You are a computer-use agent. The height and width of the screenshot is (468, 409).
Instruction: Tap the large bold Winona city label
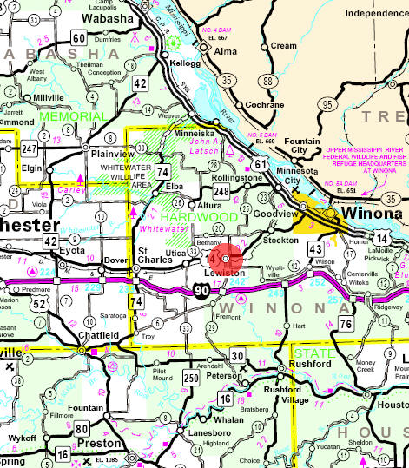pyautogui.click(x=369, y=214)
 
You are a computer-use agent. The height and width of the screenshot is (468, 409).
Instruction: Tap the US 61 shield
pyautogui.click(x=261, y=164)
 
